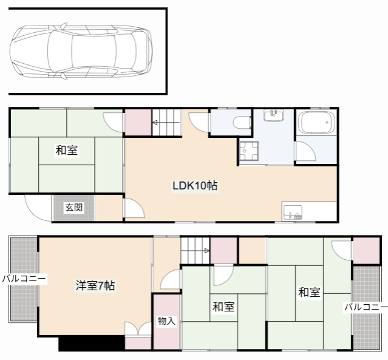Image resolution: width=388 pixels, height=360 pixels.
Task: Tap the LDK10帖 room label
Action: (x=194, y=186)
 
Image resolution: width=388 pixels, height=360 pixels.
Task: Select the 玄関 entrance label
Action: (x=74, y=208)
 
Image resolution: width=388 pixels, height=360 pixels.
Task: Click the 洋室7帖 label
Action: (x=95, y=285)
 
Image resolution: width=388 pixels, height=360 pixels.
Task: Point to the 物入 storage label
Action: (x=166, y=321)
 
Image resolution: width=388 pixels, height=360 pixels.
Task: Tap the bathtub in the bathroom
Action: (x=316, y=124)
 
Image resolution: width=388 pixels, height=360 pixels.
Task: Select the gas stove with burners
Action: (x=249, y=150)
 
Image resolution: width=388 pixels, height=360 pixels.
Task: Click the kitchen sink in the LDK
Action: (x=292, y=212)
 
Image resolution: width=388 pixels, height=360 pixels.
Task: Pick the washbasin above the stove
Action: (x=274, y=115)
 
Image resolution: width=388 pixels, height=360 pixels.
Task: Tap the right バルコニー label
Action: (x=366, y=307)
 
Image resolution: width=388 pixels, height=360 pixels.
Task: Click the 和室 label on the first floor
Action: (x=66, y=149)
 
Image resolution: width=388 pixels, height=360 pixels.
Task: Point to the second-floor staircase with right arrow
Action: (x=195, y=250)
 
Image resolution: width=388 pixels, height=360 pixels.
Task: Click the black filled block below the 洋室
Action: (x=92, y=344)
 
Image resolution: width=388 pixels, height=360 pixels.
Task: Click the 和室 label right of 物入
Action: (x=223, y=307)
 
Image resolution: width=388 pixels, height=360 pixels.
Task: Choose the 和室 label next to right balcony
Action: (x=309, y=292)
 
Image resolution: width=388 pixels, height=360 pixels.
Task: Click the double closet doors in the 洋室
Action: (x=138, y=330)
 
